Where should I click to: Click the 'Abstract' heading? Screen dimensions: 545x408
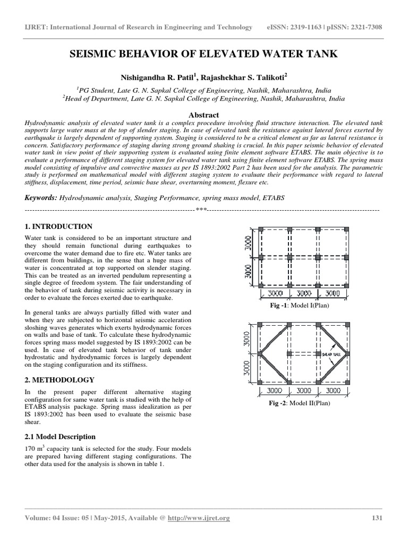[x=203, y=114]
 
